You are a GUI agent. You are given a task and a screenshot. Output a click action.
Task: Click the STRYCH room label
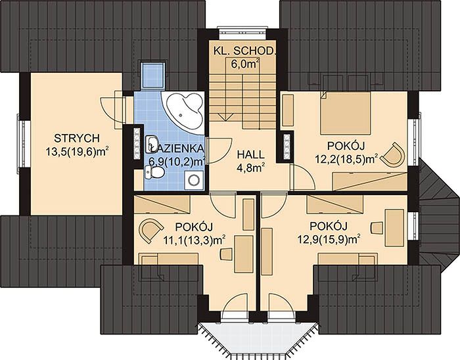(77, 138)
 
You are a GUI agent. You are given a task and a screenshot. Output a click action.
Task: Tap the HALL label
(250, 154)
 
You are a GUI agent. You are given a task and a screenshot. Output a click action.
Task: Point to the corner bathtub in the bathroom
(183, 113)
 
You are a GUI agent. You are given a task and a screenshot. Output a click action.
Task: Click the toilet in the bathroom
(154, 172)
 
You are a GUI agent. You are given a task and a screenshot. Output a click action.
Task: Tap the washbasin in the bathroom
(152, 144)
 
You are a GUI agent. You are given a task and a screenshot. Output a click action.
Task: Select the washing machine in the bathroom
(194, 180)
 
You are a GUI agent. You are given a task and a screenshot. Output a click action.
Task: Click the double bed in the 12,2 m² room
(345, 113)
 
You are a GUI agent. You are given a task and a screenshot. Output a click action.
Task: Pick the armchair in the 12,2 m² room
(394, 154)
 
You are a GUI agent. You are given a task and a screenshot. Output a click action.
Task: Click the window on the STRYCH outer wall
(21, 144)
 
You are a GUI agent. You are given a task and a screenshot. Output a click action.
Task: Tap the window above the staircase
(242, 33)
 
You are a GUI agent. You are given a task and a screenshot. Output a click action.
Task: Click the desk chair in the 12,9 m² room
(377, 228)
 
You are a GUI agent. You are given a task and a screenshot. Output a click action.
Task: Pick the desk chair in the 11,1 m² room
(227, 254)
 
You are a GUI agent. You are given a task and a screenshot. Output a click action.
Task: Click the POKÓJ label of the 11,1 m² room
(194, 227)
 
